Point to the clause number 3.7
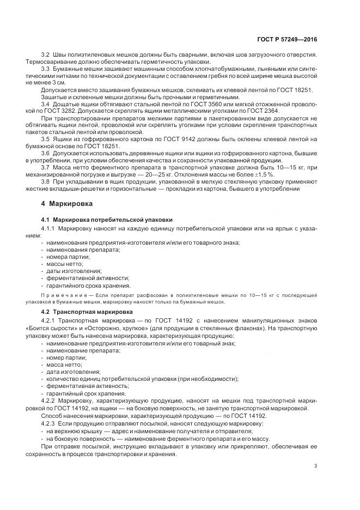pyautogui.click(x=46, y=168)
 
